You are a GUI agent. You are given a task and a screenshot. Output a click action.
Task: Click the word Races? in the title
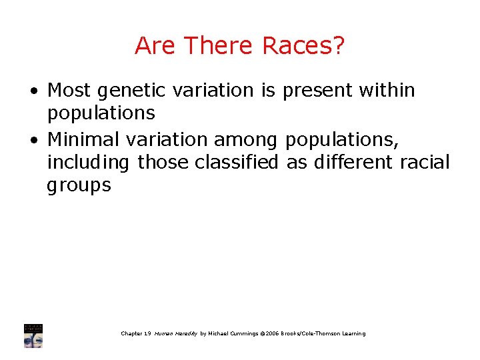[x=304, y=46]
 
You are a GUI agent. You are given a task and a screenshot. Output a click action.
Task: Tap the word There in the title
[x=220, y=46]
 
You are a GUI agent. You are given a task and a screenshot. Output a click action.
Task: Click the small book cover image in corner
[x=33, y=335]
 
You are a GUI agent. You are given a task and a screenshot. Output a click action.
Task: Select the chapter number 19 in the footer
[x=147, y=333]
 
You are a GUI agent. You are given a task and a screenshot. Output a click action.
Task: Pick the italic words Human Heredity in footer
[x=176, y=333]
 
